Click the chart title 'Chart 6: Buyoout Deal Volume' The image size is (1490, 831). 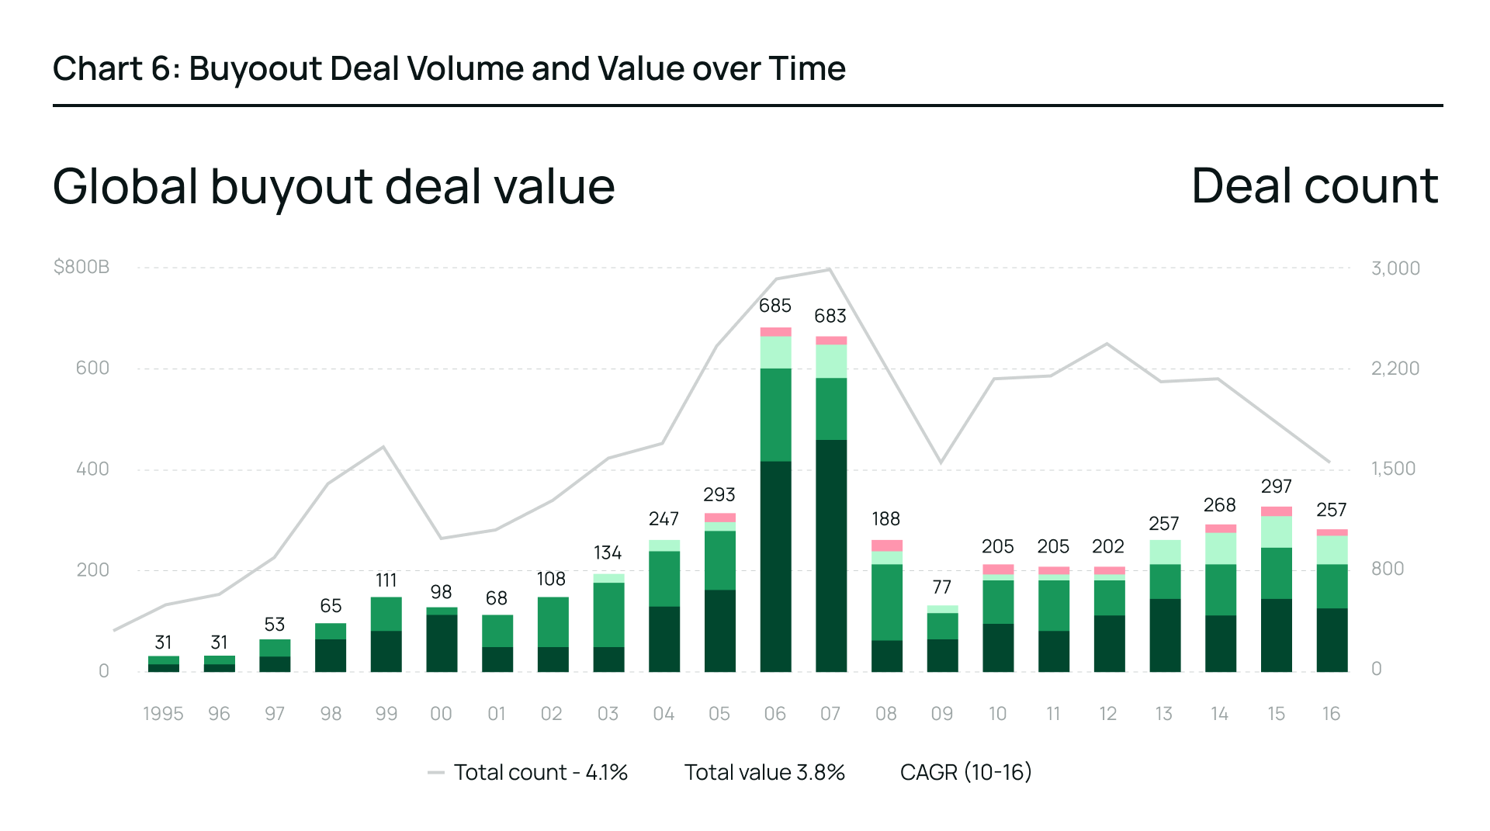449,69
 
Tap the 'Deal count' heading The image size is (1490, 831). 1314,186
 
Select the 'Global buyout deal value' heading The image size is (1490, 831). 334,187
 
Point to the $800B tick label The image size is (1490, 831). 81,268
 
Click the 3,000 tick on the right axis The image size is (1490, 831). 1395,268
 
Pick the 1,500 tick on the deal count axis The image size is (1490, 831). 1393,469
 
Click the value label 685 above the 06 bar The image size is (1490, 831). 775,306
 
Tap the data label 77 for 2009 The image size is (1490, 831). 942,587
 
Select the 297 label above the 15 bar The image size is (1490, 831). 1276,486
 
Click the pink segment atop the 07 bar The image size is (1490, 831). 831,341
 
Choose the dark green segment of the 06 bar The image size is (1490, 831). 775,566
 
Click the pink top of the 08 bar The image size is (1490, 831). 887,545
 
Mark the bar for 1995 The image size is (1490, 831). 164,664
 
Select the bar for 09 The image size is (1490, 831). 942,639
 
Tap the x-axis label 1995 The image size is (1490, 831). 163,714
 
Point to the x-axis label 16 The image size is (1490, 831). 1331,714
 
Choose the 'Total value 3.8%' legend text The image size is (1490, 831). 764,773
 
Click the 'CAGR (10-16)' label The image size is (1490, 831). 965,773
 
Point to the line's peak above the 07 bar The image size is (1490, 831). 830,269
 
